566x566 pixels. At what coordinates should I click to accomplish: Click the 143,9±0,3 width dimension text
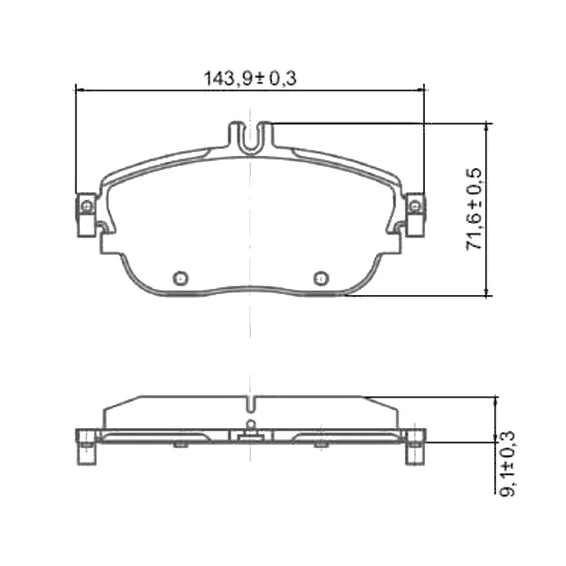point(250,79)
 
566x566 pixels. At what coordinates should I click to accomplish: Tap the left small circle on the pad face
point(180,278)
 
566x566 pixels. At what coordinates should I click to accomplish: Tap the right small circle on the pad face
point(321,278)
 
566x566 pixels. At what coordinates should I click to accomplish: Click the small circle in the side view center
point(251,423)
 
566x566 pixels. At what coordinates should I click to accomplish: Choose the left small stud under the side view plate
point(180,444)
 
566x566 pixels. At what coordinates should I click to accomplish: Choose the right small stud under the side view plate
point(320,444)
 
